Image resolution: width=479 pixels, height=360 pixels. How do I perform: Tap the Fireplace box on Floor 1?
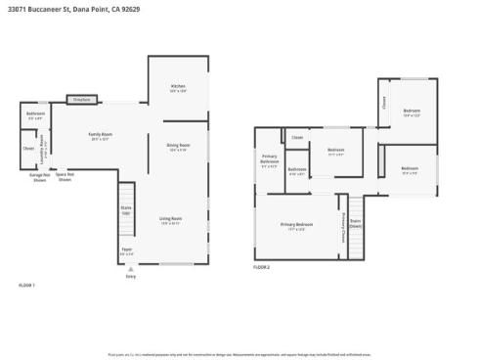point(81,100)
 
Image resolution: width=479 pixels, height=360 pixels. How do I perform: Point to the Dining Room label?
point(178,147)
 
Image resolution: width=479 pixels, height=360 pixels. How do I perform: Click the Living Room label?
point(171,220)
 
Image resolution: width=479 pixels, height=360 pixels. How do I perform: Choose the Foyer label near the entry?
point(126,252)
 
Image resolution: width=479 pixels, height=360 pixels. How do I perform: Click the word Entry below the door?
point(131,277)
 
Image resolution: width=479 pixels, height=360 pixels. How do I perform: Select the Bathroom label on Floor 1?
point(35,117)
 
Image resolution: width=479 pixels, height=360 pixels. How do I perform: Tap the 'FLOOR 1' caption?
point(26,285)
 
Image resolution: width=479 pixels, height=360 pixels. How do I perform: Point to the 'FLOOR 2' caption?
point(262,267)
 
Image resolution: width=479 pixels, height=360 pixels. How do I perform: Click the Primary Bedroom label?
point(295,227)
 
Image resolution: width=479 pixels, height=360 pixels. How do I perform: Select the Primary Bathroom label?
point(270,160)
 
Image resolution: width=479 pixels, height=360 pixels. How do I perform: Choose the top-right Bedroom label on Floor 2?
point(412,112)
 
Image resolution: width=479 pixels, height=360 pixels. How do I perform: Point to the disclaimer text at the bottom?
point(239,354)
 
